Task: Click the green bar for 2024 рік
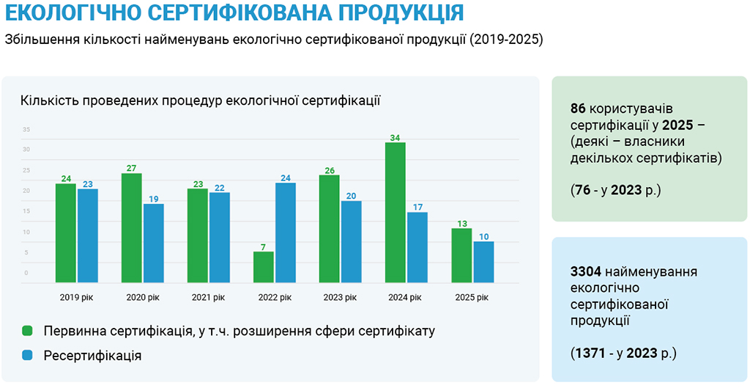coord(395,212)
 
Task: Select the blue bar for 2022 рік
coord(285,233)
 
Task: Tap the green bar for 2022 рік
coord(264,267)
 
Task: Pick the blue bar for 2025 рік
coord(483,262)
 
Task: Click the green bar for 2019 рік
coord(66,233)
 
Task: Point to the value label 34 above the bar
coord(396,137)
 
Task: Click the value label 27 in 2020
coord(132,168)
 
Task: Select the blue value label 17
coord(417,208)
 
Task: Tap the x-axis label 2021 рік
coord(209,297)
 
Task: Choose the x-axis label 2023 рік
coord(341,297)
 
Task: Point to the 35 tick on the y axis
coord(26,130)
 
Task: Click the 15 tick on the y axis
coord(26,211)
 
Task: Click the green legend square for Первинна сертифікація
coord(28,331)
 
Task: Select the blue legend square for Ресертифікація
coord(28,356)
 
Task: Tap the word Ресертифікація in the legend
coord(92,356)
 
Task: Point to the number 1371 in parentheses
coord(589,353)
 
